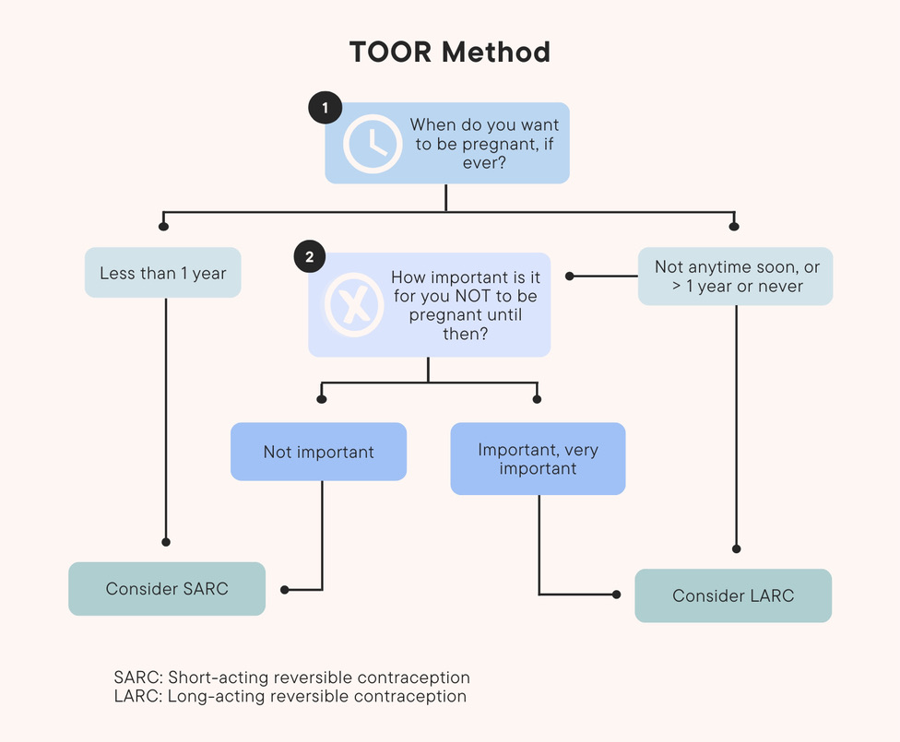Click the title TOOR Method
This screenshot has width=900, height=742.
pyautogui.click(x=449, y=53)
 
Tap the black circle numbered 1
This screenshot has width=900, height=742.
pyautogui.click(x=325, y=109)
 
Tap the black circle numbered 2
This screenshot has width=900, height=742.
pyautogui.click(x=310, y=258)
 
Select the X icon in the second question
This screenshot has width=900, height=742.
pyautogui.click(x=353, y=304)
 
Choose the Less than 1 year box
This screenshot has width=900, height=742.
pyautogui.click(x=163, y=273)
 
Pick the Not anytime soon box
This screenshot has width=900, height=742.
pyautogui.click(x=735, y=276)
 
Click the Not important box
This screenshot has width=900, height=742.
pyautogui.click(x=318, y=452)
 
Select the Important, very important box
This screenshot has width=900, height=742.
pyautogui.click(x=538, y=459)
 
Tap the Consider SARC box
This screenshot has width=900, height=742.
pyautogui.click(x=167, y=588)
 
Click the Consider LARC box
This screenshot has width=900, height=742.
pyautogui.click(x=733, y=595)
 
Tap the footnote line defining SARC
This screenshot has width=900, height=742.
pyautogui.click(x=291, y=677)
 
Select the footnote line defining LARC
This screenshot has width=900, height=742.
pyautogui.click(x=290, y=696)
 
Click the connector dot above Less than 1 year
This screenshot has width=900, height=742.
pyautogui.click(x=164, y=226)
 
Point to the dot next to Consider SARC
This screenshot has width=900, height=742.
pyautogui.click(x=284, y=589)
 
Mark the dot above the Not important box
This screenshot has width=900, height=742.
pyautogui.click(x=322, y=399)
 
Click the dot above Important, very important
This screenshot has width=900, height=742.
pyautogui.click(x=537, y=399)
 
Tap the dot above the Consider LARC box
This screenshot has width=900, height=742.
pyautogui.click(x=736, y=548)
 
